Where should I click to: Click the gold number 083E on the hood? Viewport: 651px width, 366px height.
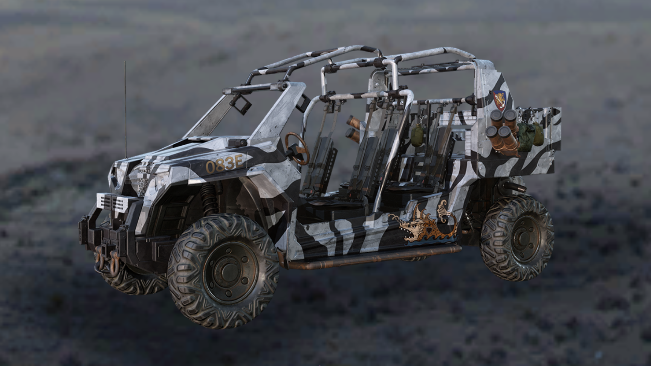coord(225,164)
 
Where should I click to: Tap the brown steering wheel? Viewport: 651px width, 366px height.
coord(296,148)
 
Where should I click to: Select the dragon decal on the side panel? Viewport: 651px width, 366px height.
coord(424,223)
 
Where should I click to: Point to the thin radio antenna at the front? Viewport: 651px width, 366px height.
coord(125,110)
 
